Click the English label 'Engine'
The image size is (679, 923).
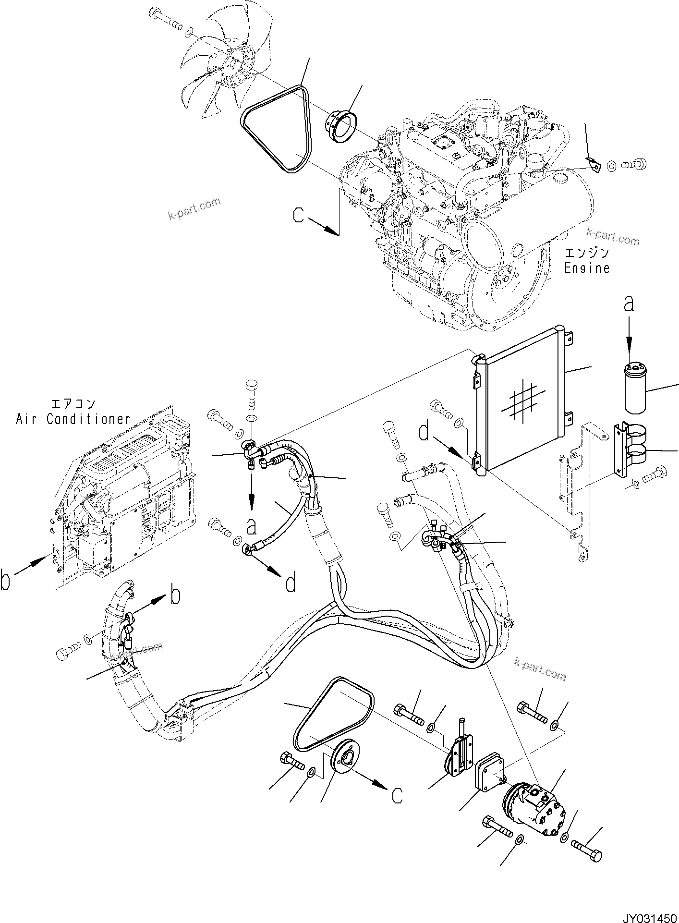click(x=587, y=268)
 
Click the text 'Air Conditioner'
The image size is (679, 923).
click(x=73, y=419)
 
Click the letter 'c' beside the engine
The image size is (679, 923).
click(x=299, y=215)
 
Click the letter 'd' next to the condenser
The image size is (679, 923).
click(x=424, y=432)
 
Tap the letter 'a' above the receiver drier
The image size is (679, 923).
click(x=629, y=304)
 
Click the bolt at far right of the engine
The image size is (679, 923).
click(x=634, y=165)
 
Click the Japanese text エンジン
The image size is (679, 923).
click(x=587, y=253)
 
